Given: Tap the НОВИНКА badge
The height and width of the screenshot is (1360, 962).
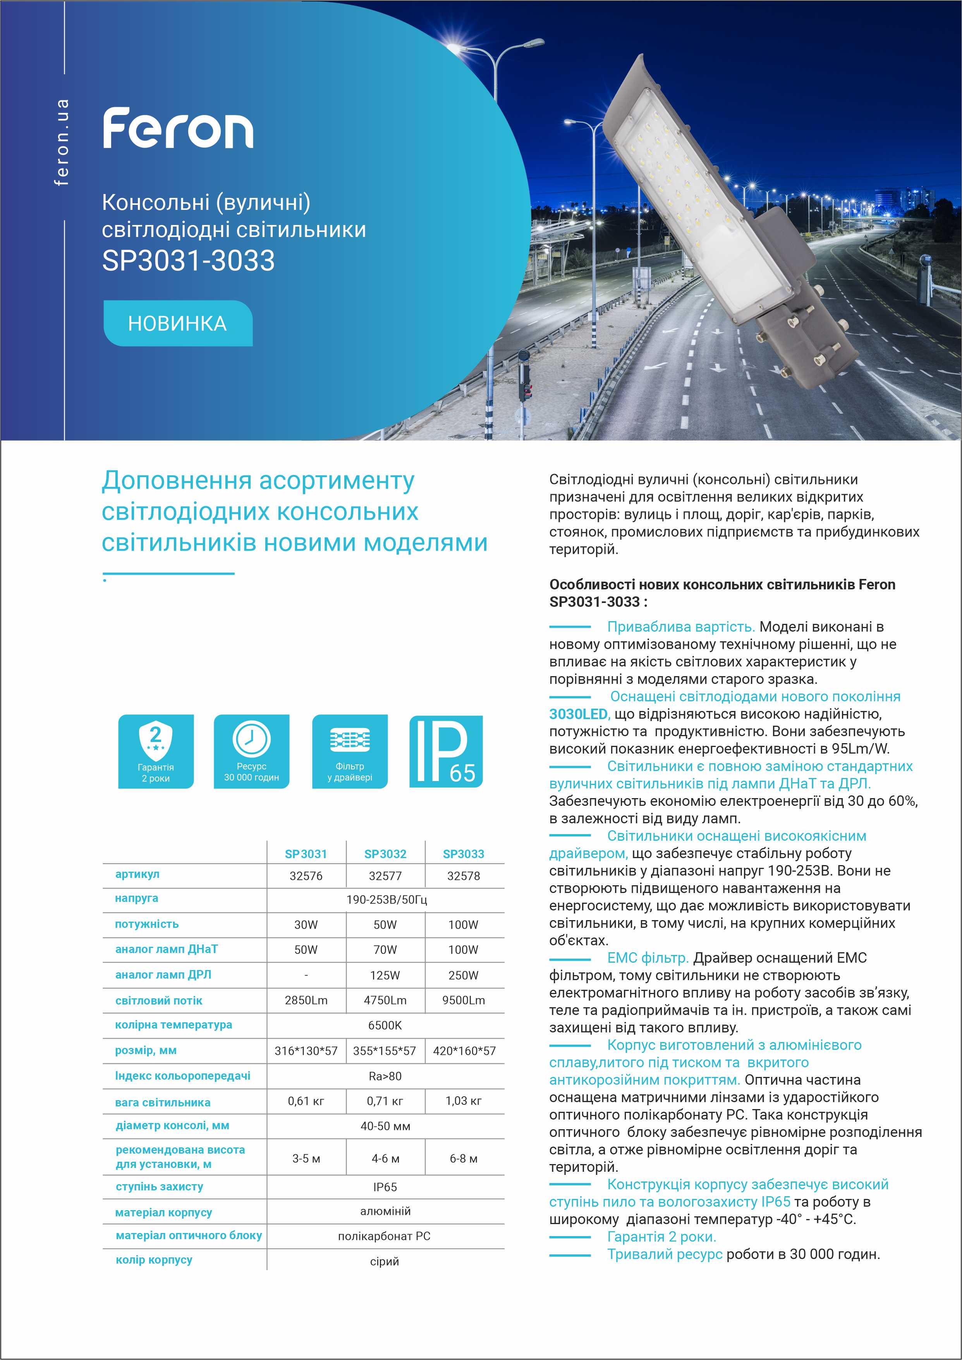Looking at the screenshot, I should coord(178,323).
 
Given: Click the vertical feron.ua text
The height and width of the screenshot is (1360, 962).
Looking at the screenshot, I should coord(62,142).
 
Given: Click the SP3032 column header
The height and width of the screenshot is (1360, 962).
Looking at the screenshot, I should coord(385,853).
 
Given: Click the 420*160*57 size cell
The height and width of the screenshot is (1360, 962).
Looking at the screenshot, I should coord(464,1051).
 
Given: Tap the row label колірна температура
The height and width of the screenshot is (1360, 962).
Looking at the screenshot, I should coord(174,1025).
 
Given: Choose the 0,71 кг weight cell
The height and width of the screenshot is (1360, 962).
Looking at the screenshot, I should coord(385,1101).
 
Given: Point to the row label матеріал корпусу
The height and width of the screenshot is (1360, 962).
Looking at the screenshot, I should coord(163,1212).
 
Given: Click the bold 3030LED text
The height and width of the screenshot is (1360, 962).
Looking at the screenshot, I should coord(578,714).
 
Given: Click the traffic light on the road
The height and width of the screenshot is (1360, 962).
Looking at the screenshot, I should coord(523,373).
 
